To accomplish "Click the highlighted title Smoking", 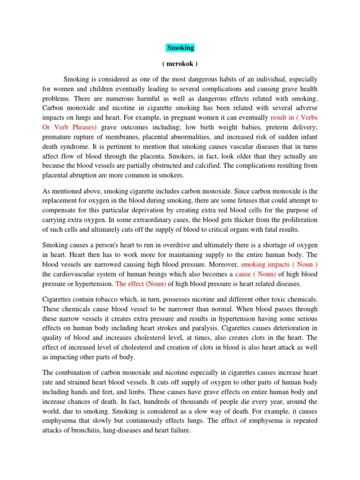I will click(180, 48).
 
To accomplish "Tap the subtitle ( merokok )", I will click(180, 64).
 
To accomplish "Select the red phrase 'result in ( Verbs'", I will click(294, 117).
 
